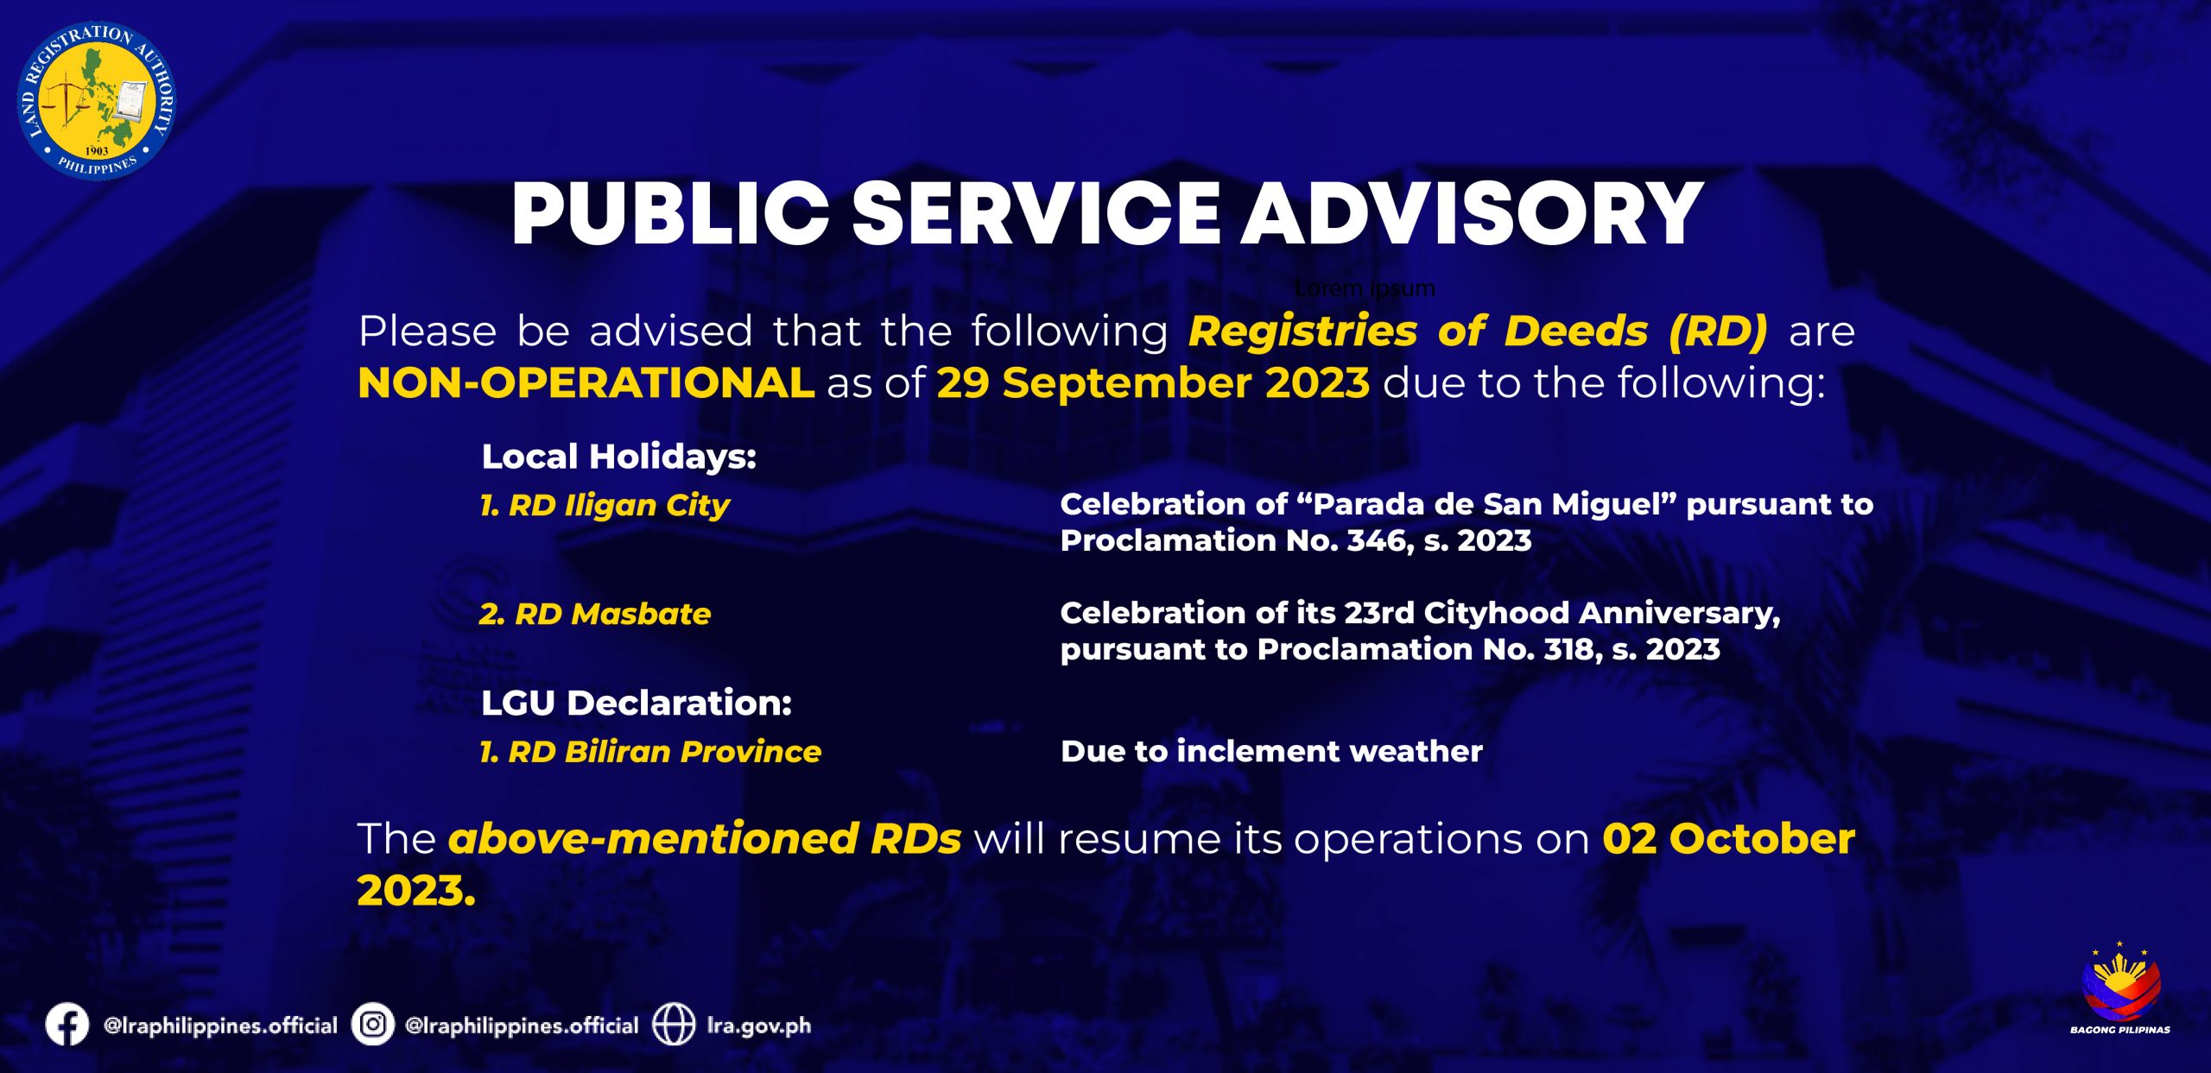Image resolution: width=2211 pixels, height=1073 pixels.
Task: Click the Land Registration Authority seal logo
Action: click(97, 101)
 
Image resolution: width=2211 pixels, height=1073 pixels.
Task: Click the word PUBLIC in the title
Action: click(670, 214)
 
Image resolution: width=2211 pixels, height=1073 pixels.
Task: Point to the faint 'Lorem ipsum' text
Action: click(1365, 288)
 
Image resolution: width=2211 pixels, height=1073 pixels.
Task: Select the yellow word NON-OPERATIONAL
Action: click(586, 382)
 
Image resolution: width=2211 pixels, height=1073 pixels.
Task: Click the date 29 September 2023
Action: click(1153, 383)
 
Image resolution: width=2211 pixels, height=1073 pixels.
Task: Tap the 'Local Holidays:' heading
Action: click(618, 457)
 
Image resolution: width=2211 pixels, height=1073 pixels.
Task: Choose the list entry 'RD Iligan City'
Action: click(619, 506)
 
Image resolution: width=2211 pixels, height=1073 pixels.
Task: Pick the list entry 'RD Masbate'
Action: click(613, 614)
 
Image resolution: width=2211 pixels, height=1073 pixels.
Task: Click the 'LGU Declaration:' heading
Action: click(637, 703)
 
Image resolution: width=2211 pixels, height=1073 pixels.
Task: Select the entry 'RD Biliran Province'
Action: click(664, 752)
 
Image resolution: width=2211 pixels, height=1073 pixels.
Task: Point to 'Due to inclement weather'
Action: click(1271, 751)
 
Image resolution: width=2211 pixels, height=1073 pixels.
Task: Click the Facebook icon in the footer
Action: click(67, 1025)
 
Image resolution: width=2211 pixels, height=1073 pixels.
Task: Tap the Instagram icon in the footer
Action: click(373, 1025)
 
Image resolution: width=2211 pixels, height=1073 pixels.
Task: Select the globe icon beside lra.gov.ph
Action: click(674, 1025)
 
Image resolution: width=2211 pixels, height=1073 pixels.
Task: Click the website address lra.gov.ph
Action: click(759, 1026)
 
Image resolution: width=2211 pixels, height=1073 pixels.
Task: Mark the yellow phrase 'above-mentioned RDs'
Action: click(705, 838)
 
